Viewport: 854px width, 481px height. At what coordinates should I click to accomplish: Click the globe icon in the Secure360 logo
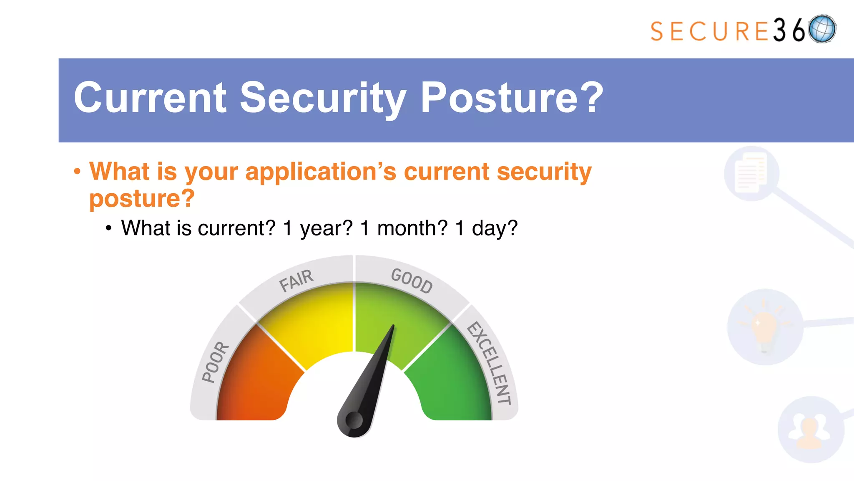point(822,29)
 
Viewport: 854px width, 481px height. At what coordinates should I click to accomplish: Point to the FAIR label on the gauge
point(296,280)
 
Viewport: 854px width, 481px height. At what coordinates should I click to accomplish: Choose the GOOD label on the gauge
point(412,281)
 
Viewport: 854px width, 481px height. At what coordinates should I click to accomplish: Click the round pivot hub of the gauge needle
point(354,420)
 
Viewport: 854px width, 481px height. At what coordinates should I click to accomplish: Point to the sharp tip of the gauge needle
point(393,327)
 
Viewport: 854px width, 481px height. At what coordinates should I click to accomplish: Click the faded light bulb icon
point(764,327)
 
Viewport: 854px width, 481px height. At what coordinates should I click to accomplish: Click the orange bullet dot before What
point(77,172)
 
